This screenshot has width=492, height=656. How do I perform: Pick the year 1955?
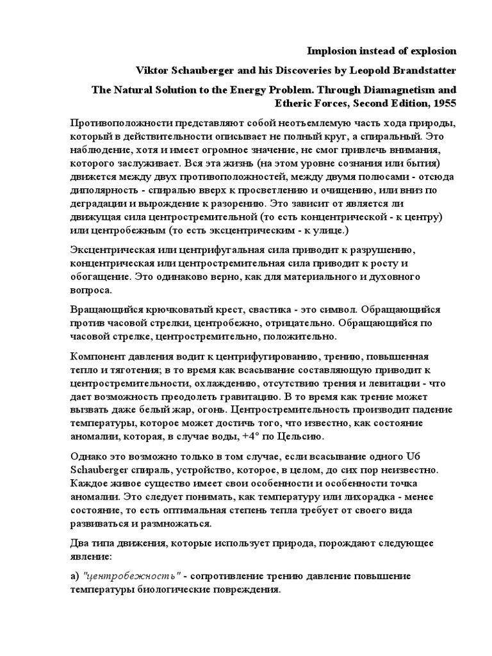tap(444, 102)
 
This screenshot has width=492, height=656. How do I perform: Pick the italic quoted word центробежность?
tap(133, 576)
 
